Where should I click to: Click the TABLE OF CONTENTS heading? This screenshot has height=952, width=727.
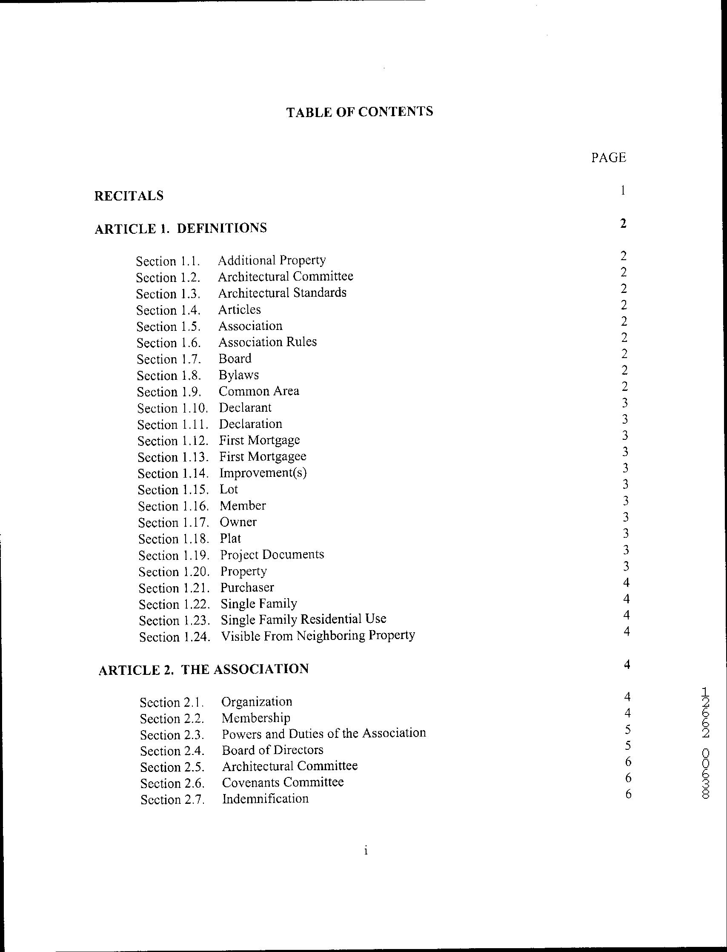[359, 112]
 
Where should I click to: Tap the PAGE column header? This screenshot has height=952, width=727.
[608, 157]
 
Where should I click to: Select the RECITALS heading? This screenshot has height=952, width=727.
[129, 196]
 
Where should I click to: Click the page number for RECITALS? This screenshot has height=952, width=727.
[623, 190]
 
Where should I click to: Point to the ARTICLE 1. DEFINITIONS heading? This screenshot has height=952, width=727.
[180, 228]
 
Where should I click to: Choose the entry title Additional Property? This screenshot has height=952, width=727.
[271, 260]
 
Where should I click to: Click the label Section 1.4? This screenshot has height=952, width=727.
[168, 310]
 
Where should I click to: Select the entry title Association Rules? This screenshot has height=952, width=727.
[267, 342]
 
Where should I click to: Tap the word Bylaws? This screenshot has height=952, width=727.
[238, 375]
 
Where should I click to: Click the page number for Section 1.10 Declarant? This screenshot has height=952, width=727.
[624, 403]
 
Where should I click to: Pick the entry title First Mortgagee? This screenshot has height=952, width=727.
[262, 456]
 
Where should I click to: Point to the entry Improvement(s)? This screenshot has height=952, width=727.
[263, 473]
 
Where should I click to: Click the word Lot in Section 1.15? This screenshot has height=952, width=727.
[229, 489]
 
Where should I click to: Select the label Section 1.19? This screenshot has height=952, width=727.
[174, 556]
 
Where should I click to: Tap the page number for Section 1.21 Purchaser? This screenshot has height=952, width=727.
[626, 583]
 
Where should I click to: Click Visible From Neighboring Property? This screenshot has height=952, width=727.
[318, 636]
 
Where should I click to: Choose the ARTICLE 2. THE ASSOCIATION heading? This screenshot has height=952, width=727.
[203, 669]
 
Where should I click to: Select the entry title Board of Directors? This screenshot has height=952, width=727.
[272, 750]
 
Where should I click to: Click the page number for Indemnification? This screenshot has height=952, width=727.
[628, 794]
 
